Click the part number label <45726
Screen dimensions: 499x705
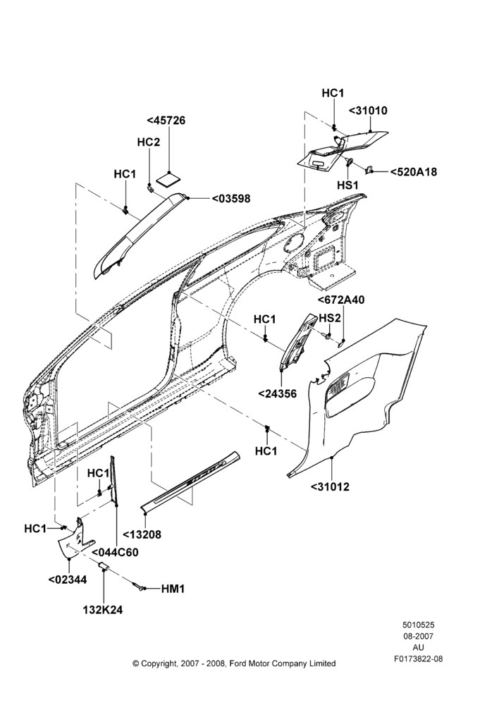(166, 121)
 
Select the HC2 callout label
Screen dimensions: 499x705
(148, 142)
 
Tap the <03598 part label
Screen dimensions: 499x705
(230, 198)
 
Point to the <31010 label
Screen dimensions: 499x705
(368, 111)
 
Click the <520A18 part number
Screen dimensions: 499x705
(413, 172)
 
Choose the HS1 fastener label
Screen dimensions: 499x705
(348, 185)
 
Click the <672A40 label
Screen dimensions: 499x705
(341, 300)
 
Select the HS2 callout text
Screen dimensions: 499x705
(330, 318)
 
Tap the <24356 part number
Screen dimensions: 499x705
(278, 394)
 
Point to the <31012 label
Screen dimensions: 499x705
(330, 486)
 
